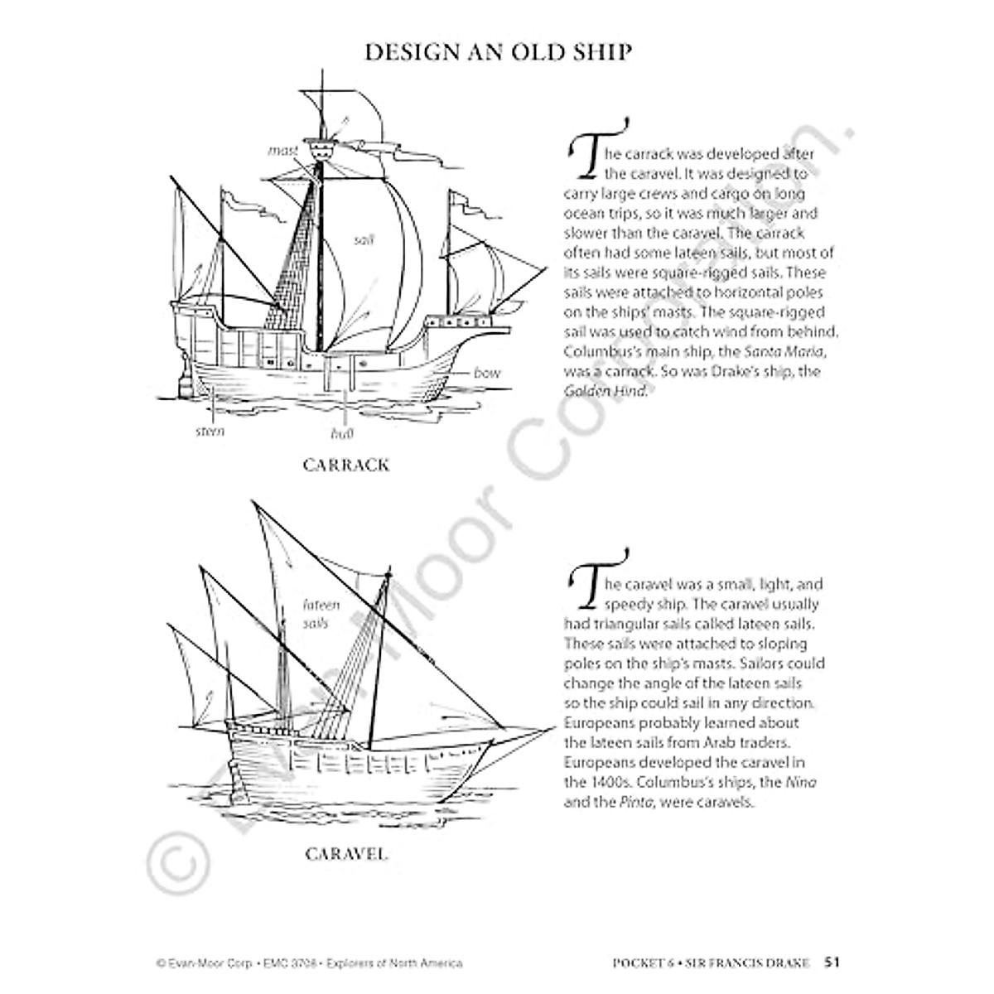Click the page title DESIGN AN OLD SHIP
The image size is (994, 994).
498,52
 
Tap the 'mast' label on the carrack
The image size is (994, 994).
282,151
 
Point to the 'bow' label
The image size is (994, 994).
487,373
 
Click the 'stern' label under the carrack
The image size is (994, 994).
210,431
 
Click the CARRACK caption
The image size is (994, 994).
345,465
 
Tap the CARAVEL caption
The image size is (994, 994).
346,853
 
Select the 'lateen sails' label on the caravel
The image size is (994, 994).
316,614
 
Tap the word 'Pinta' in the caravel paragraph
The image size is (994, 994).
621,802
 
